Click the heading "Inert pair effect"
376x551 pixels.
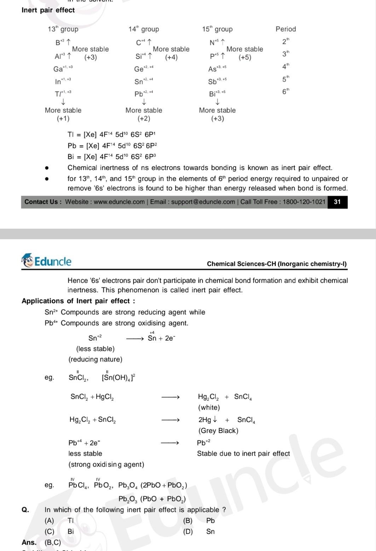pyautogui.click(x=48, y=10)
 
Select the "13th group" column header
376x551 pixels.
pyautogui.click(x=63, y=29)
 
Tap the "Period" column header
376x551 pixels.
pyautogui.click(x=285, y=29)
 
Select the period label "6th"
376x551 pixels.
pyautogui.click(x=285, y=91)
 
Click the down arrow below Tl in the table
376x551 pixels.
pyautogui.click(x=63, y=102)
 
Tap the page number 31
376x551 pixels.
pyautogui.click(x=337, y=202)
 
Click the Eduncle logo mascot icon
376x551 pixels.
pyautogui.click(x=28, y=261)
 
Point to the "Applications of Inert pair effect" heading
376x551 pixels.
pyautogui.click(x=78, y=301)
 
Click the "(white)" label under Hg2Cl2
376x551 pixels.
pyautogui.click(x=209, y=407)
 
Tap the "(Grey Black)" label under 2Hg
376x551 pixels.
pyautogui.click(x=218, y=431)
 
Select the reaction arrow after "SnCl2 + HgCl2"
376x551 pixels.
pyautogui.click(x=170, y=397)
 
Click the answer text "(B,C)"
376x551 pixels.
pyautogui.click(x=53, y=542)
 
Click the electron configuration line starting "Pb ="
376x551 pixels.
pyautogui.click(x=112, y=146)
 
